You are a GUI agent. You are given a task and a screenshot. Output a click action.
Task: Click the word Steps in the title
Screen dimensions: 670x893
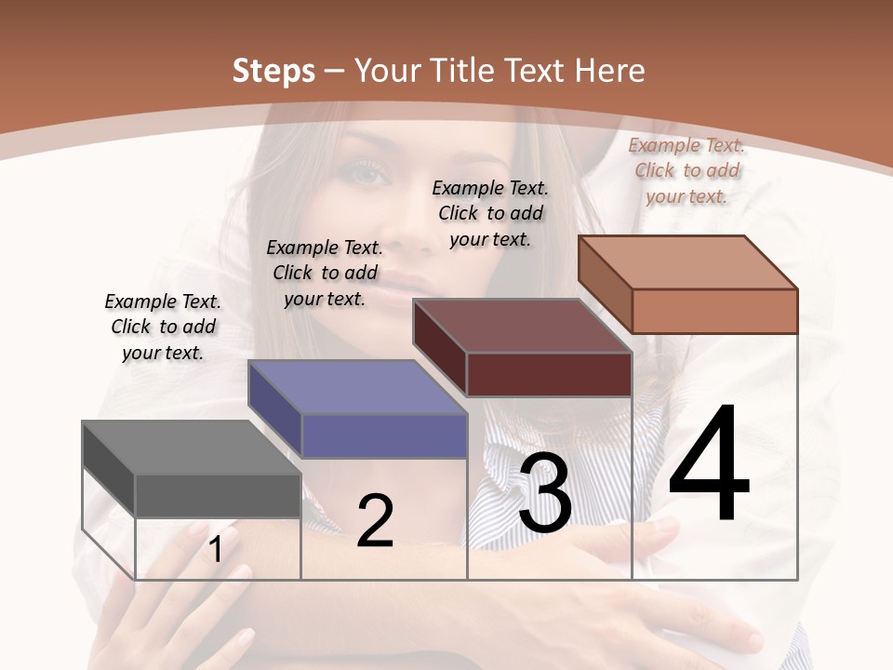(x=273, y=71)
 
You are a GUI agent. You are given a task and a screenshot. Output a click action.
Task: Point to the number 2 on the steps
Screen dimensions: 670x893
(x=375, y=521)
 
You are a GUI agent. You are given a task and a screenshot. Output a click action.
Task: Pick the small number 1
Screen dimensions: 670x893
(x=216, y=550)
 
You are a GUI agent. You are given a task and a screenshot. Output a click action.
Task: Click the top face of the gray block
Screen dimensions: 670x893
(x=191, y=448)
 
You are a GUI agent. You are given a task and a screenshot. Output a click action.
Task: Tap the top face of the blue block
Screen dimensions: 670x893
(x=356, y=387)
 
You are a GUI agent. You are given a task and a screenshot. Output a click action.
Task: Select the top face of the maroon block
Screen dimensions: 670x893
(x=522, y=326)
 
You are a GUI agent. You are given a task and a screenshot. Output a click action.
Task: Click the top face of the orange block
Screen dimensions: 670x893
(x=687, y=262)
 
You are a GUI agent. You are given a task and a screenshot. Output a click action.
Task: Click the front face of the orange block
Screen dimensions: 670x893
(x=714, y=311)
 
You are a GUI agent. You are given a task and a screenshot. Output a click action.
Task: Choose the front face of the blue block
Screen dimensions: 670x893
(x=383, y=435)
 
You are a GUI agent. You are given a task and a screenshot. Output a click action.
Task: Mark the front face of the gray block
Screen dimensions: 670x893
(x=218, y=495)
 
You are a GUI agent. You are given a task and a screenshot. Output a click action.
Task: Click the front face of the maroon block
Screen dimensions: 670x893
(x=549, y=374)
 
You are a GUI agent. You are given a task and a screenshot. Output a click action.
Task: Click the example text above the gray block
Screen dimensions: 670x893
(x=163, y=327)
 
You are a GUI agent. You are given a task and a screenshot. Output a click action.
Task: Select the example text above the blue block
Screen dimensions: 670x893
(x=325, y=273)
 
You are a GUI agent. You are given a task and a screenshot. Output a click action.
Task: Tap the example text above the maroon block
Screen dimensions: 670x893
(x=490, y=213)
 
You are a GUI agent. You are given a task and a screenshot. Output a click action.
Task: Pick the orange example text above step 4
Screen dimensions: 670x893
(x=686, y=170)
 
